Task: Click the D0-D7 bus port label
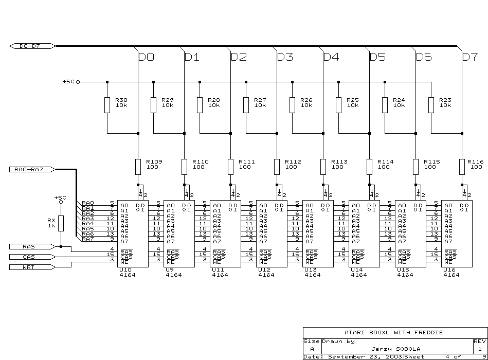32,46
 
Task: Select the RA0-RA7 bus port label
32,170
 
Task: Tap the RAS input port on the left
32,247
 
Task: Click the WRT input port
32,267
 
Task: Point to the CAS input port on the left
32,257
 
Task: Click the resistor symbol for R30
107,105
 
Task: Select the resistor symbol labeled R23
431,105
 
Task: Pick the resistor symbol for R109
138,167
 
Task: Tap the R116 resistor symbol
462,167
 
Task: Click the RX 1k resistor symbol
61,223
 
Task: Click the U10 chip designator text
125,270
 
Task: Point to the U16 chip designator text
449,270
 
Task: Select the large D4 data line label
331,57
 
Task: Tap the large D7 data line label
470,57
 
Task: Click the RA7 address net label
88,239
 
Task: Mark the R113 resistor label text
339,162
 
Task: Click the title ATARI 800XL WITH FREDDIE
394,333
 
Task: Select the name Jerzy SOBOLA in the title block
396,349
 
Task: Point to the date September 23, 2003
366,357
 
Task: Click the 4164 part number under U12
266,275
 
